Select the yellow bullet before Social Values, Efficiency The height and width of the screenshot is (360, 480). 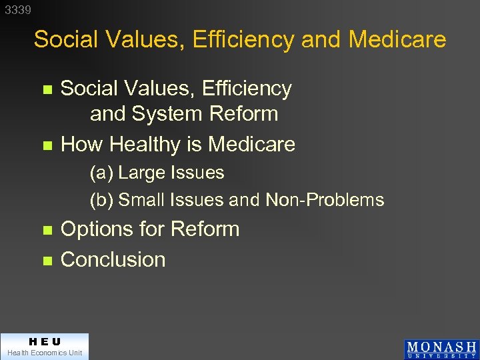click(x=46, y=89)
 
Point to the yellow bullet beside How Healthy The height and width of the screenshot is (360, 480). click(x=46, y=145)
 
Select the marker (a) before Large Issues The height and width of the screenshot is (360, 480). click(x=102, y=173)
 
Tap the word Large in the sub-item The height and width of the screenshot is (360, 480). click(x=141, y=173)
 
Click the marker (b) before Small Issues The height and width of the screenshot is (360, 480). click(x=102, y=200)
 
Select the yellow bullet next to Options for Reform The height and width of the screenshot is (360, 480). click(x=46, y=230)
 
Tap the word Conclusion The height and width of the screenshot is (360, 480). click(x=113, y=259)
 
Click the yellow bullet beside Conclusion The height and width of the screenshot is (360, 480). click(x=46, y=261)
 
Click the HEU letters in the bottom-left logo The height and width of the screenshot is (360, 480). click(x=44, y=341)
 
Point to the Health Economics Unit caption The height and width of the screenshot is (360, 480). click(x=44, y=353)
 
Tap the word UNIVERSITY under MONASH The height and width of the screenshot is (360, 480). click(x=441, y=356)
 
